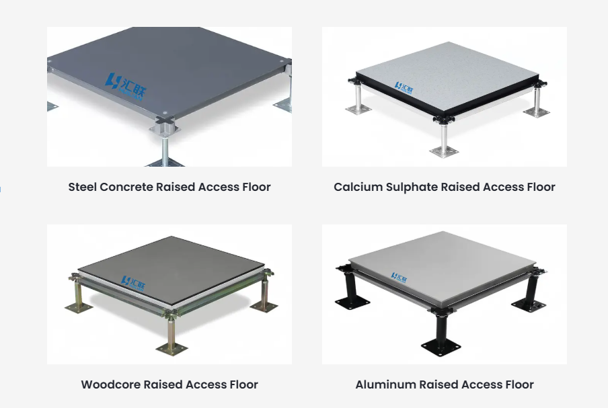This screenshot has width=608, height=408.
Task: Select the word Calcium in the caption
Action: click(x=357, y=187)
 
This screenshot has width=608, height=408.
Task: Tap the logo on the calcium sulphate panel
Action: click(x=406, y=87)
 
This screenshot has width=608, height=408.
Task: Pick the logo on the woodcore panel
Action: click(x=133, y=281)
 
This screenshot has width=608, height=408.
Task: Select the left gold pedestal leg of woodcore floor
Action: click(x=80, y=294)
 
